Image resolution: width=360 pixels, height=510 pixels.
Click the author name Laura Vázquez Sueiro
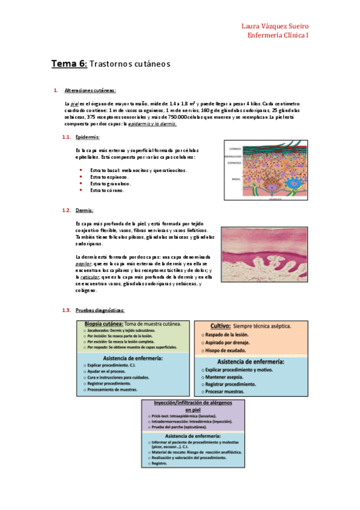click(275, 26)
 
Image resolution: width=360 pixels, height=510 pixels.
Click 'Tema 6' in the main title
click(69, 63)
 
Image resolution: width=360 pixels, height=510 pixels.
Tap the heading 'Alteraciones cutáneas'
click(90, 91)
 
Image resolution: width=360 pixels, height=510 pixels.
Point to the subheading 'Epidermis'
click(88, 138)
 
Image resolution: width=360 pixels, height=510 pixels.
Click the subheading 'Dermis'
click(85, 210)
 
